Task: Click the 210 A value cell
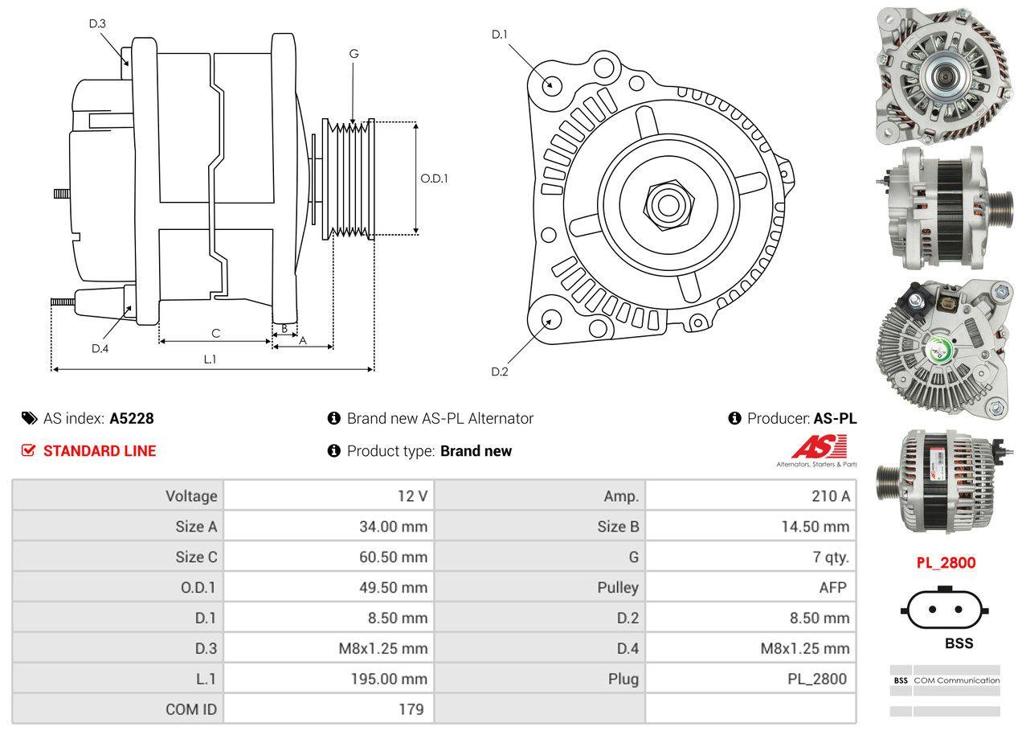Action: click(830, 496)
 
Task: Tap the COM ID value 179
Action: click(411, 709)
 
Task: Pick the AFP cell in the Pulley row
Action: click(832, 587)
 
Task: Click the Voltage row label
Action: click(191, 496)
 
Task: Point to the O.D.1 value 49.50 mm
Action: click(393, 587)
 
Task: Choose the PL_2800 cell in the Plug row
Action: click(816, 679)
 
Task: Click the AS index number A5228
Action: click(132, 418)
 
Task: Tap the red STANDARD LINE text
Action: click(100, 451)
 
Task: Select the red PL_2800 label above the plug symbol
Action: click(946, 563)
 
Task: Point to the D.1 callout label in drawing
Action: click(500, 35)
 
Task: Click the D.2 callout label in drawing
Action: click(500, 372)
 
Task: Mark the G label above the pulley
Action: click(354, 54)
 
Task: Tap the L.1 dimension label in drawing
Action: click(210, 359)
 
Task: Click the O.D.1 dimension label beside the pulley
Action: click(434, 179)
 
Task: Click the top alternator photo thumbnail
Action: click(934, 74)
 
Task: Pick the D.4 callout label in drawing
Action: click(100, 348)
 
